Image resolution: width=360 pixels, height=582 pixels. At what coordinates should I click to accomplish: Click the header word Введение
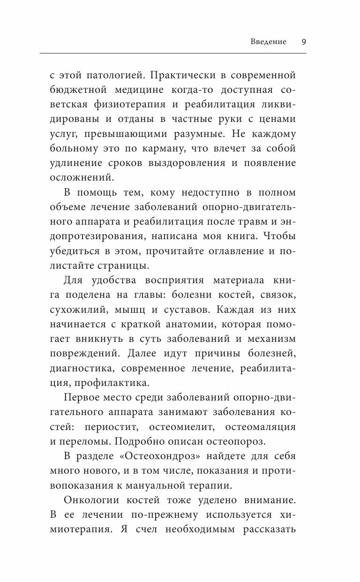(269, 42)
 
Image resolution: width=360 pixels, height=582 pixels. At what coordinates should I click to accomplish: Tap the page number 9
(304, 42)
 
